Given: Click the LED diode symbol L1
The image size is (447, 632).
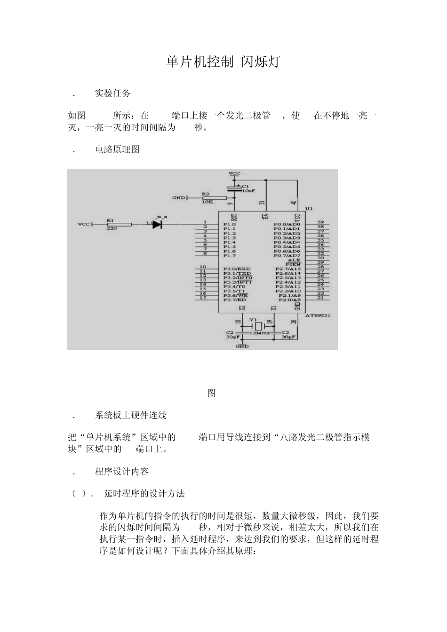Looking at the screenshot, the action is (x=156, y=224).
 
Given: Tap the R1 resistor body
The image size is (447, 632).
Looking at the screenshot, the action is (x=119, y=225).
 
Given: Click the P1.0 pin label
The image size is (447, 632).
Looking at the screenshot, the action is (x=230, y=224).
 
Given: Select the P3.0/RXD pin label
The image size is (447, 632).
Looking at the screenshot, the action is (x=237, y=269).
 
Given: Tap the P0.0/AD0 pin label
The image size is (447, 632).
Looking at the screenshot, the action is (x=287, y=224).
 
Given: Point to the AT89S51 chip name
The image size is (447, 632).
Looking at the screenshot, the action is (x=318, y=316).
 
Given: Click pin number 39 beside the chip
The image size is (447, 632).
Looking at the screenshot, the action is (x=320, y=222).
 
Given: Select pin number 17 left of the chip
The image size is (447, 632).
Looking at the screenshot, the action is (x=203, y=298).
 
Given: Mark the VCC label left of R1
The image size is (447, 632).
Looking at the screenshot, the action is (x=83, y=224).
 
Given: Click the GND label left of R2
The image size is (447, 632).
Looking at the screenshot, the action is (x=178, y=198).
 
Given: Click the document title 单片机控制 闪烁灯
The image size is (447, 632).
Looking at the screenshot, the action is (x=223, y=62).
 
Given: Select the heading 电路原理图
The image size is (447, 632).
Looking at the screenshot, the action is (x=117, y=150).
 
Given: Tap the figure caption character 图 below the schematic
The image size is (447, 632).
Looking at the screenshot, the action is (x=212, y=393).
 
